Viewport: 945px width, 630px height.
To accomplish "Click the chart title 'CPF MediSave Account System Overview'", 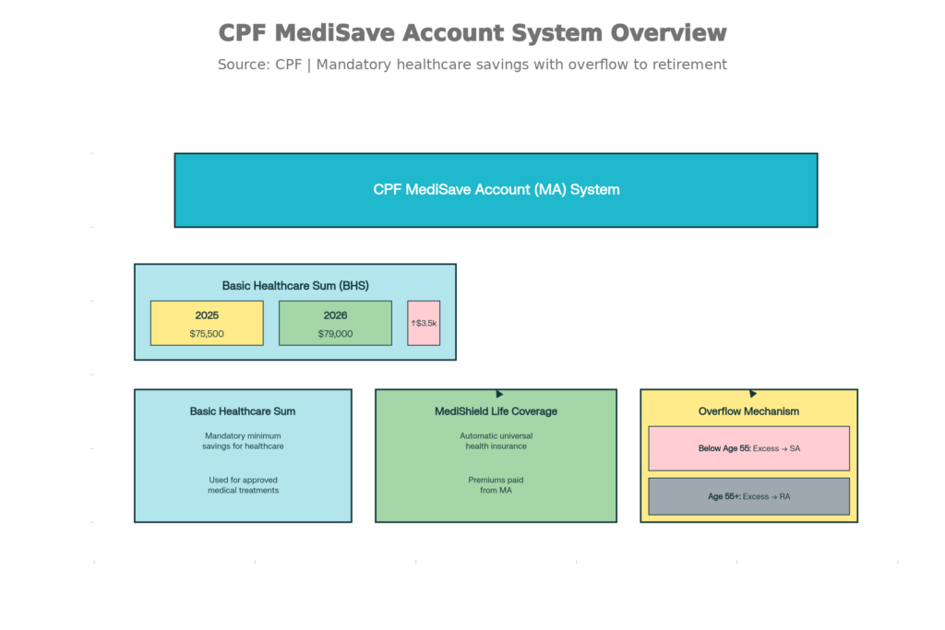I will pyautogui.click(x=472, y=33).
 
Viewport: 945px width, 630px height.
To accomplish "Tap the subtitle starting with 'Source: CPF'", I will pyautogui.click(x=472, y=65).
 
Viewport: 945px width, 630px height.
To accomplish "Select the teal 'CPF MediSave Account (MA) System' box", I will pyautogui.click(x=496, y=190).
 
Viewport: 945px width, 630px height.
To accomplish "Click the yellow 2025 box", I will pyautogui.click(x=207, y=323).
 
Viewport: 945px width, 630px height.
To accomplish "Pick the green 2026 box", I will pyautogui.click(x=335, y=323).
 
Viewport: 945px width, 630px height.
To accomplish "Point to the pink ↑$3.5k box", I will pyautogui.click(x=424, y=323).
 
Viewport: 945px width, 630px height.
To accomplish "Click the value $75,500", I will pyautogui.click(x=207, y=334).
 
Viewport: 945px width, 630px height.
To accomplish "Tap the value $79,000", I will pyautogui.click(x=335, y=334).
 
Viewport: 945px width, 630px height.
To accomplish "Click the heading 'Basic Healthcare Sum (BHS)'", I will pyautogui.click(x=295, y=286).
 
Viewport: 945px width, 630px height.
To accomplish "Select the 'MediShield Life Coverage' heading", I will pyautogui.click(x=496, y=411).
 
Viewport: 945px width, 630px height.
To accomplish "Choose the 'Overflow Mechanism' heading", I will pyautogui.click(x=748, y=411).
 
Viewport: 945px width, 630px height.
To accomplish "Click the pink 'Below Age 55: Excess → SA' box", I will pyautogui.click(x=748, y=448).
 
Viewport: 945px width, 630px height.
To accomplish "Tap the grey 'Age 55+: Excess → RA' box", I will pyautogui.click(x=748, y=496).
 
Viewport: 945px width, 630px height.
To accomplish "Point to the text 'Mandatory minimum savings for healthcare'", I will pyautogui.click(x=243, y=441).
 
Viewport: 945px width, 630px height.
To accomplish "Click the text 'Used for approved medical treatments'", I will pyautogui.click(x=243, y=485).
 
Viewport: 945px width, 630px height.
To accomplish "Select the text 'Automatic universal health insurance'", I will pyautogui.click(x=496, y=441).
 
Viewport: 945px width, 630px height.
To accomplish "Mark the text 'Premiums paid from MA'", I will pyautogui.click(x=496, y=485).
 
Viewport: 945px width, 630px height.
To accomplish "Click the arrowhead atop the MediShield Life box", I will pyautogui.click(x=499, y=394).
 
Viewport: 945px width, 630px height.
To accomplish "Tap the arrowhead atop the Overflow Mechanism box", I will pyautogui.click(x=753, y=394).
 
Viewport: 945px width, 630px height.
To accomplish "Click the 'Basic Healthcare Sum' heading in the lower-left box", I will pyautogui.click(x=243, y=411).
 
